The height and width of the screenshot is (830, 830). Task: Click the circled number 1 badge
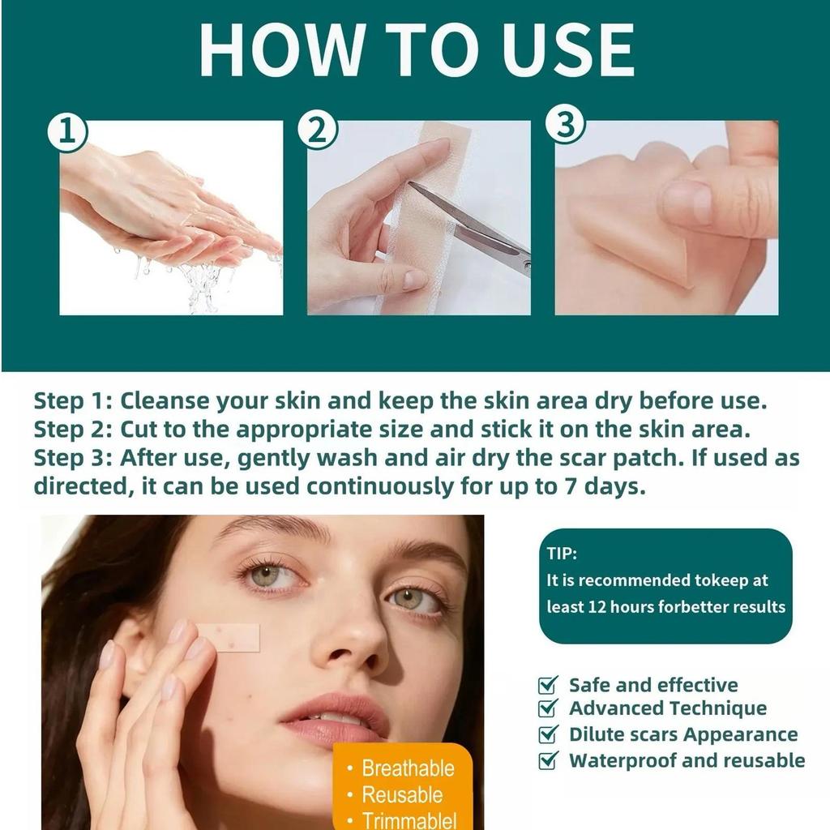67,132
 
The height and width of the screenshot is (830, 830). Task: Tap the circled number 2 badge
317,130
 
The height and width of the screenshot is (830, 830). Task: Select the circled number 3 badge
566,125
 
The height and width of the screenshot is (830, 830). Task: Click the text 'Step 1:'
73,400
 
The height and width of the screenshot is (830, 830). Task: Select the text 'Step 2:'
73,430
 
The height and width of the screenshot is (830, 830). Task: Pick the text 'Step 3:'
73,458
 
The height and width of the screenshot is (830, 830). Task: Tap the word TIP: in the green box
562,554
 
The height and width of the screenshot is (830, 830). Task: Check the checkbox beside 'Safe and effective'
548,685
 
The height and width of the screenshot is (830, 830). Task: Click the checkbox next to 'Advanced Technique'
548,708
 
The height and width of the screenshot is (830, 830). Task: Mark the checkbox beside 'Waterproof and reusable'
548,760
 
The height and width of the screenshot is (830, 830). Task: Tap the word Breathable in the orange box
409,768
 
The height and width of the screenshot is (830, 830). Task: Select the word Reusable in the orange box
402,795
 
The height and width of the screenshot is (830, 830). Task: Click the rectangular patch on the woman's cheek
229,637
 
